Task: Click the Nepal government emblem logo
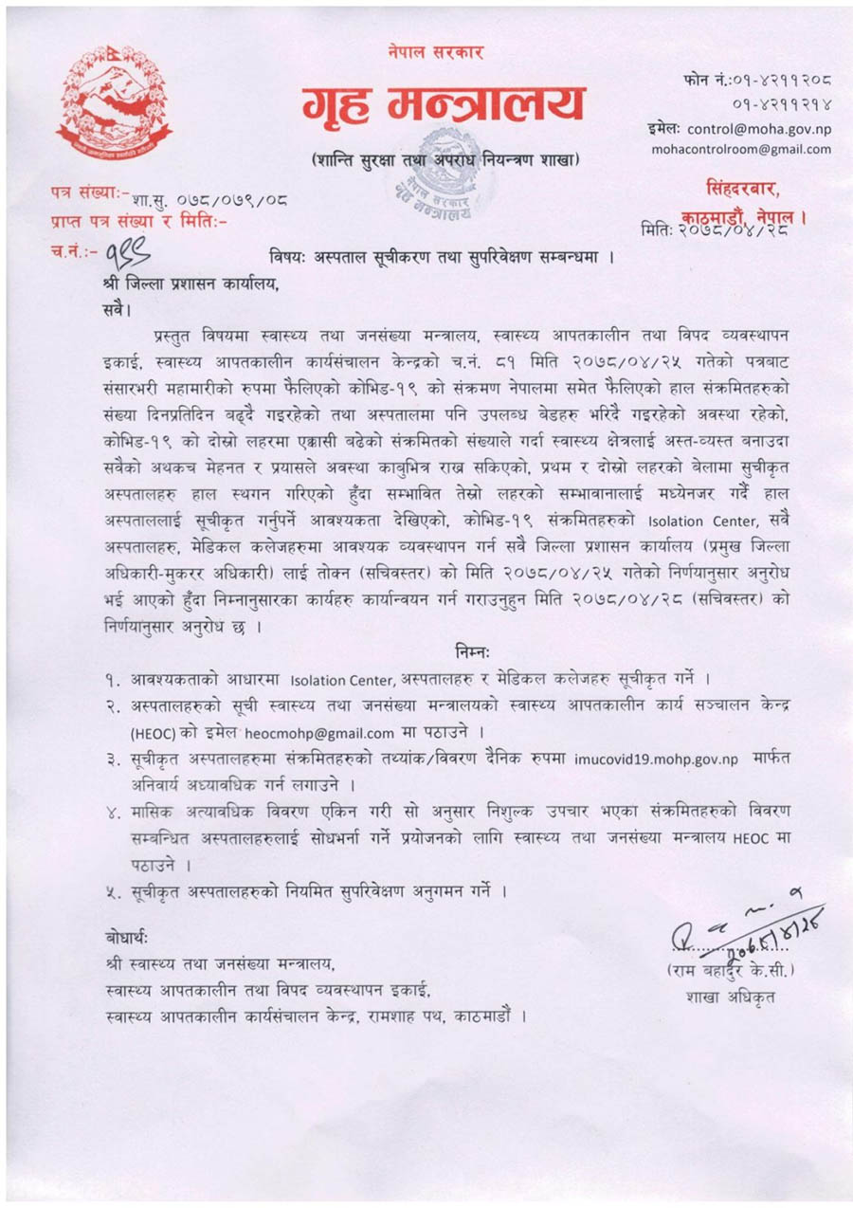pyautogui.click(x=100, y=104)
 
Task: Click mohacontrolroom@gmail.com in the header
pyautogui.click(x=740, y=149)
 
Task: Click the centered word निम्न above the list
pyautogui.click(x=471, y=650)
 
